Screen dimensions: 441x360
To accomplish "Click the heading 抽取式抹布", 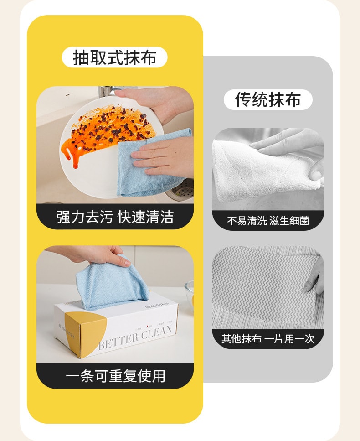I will tap(115, 57).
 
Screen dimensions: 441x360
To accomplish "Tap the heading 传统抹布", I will tap(268, 99).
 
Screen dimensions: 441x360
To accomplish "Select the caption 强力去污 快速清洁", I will tap(115, 217).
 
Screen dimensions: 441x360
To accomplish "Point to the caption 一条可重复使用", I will tap(115, 376).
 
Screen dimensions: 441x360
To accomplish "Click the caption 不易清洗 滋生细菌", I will tap(268, 221).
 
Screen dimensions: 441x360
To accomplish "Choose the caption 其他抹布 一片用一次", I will tap(268, 338).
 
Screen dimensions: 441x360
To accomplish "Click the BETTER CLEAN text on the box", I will tap(136, 336).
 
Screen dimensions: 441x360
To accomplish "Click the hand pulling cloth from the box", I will tap(98, 255).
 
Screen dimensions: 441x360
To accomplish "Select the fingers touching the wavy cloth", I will tap(314, 278).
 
